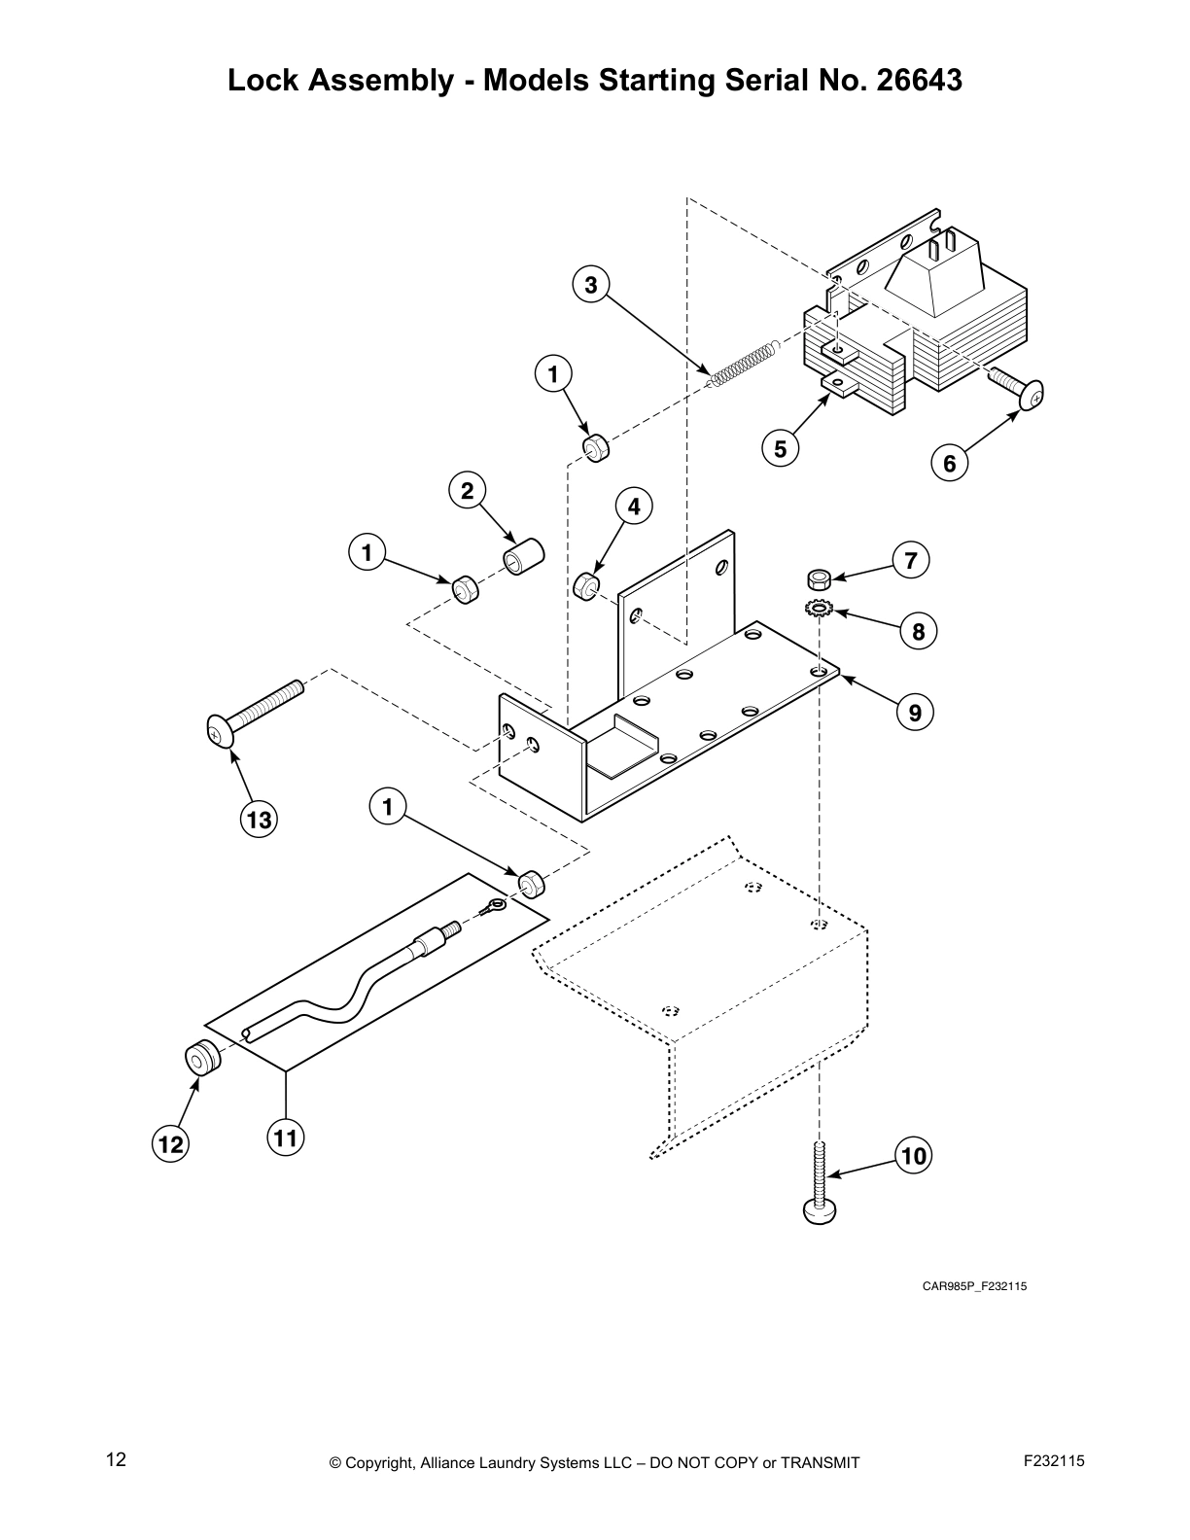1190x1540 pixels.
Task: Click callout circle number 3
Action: (591, 285)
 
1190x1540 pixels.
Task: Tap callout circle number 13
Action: (259, 820)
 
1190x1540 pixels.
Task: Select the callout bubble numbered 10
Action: (914, 1156)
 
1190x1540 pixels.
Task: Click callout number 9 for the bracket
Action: (915, 713)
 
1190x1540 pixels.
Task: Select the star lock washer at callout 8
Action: (819, 609)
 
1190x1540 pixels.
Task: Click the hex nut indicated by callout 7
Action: (819, 580)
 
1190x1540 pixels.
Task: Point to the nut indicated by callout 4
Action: (585, 586)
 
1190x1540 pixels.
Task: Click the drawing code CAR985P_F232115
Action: (974, 1286)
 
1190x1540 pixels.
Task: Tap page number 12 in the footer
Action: (116, 1459)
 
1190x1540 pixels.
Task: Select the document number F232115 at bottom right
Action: (1054, 1460)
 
